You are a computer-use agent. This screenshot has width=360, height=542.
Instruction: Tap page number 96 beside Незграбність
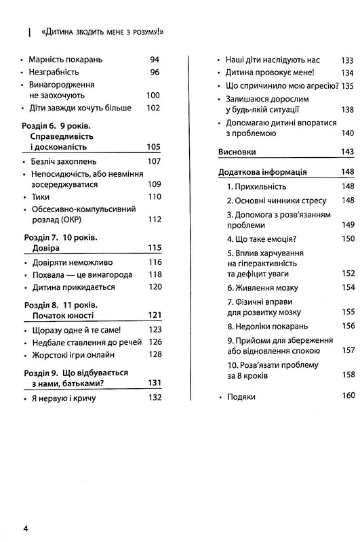(x=154, y=72)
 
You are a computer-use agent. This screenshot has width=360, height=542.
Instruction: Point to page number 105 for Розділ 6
(x=154, y=147)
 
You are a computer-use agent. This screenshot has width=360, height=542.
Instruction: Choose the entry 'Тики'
(x=40, y=196)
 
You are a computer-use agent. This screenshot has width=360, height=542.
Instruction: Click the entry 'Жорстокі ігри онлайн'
(x=71, y=354)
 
